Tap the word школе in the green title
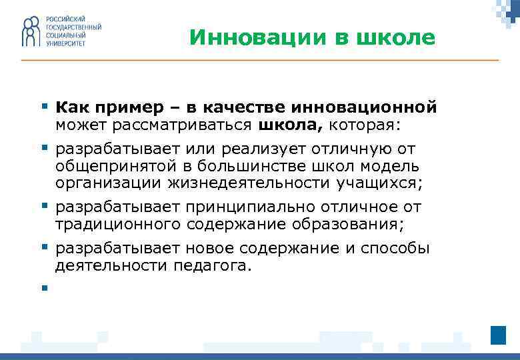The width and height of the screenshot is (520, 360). click(397, 38)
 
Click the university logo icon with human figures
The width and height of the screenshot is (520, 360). click(31, 32)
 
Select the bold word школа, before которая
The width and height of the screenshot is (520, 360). click(298, 124)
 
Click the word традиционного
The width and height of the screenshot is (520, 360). click(117, 225)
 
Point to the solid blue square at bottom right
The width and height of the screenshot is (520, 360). click(498, 335)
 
